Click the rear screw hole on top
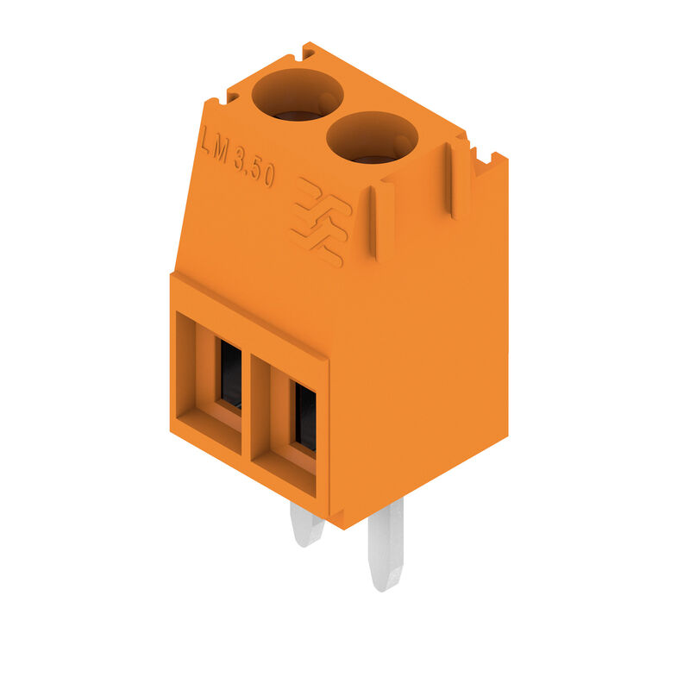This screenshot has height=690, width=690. click(x=297, y=95)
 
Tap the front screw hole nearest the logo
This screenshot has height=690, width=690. click(x=372, y=138)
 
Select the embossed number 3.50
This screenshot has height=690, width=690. click(x=254, y=166)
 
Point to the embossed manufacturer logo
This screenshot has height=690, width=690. click(x=321, y=222)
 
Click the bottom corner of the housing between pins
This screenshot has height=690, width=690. click(x=342, y=523)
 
